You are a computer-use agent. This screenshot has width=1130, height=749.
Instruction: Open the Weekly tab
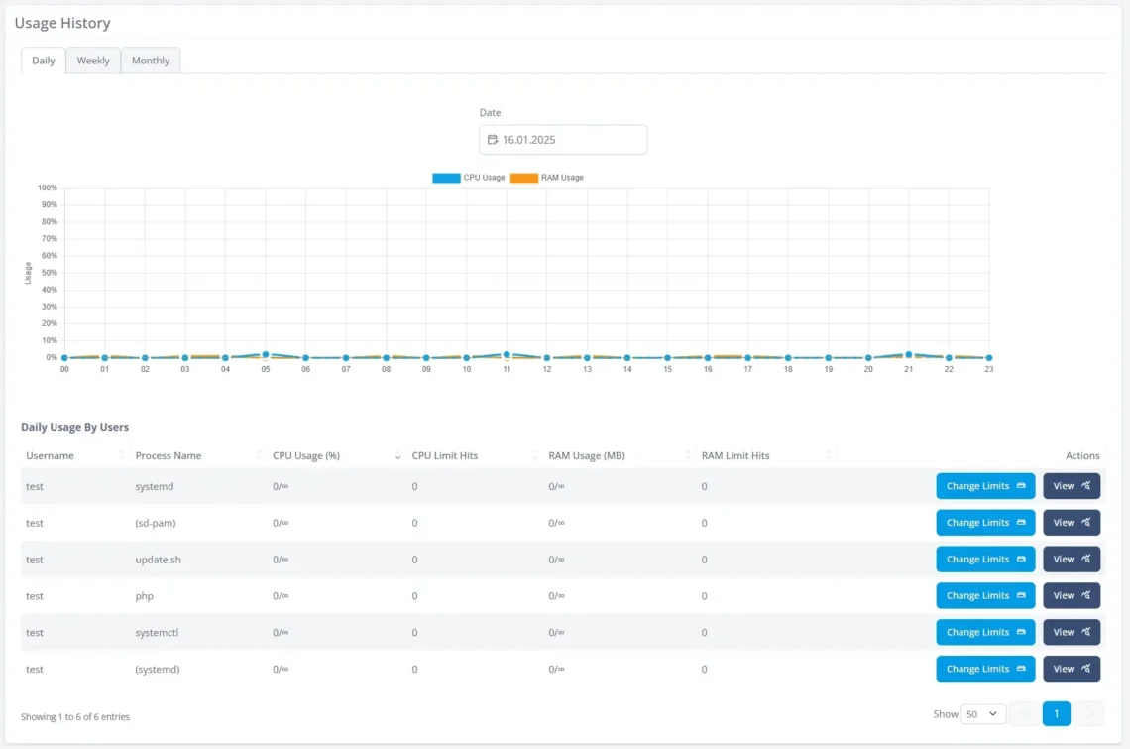click(93, 61)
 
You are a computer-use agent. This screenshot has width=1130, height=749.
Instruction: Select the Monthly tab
click(151, 61)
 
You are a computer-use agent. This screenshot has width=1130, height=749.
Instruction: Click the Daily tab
click(44, 61)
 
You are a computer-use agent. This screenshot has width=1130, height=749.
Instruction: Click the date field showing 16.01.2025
click(563, 140)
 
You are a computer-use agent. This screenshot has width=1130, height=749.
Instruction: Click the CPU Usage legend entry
click(469, 178)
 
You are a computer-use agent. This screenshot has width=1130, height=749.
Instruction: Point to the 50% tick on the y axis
click(49, 273)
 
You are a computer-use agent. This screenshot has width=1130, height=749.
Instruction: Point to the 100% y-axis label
click(47, 187)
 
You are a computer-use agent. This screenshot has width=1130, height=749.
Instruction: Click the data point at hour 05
click(266, 354)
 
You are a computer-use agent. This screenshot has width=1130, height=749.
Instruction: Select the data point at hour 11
click(507, 354)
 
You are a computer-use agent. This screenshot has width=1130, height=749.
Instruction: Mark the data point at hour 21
click(908, 354)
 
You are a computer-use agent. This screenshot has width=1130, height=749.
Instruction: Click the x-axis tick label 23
click(988, 369)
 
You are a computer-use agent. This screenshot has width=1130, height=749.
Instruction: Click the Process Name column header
click(169, 456)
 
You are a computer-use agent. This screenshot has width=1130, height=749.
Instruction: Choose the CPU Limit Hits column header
click(445, 456)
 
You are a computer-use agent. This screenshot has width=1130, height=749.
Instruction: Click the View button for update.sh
click(1072, 560)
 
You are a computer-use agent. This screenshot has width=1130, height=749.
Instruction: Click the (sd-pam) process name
click(156, 523)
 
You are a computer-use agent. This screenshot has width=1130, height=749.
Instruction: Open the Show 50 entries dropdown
click(983, 714)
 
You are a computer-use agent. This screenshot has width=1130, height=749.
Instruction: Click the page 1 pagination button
click(1057, 714)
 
